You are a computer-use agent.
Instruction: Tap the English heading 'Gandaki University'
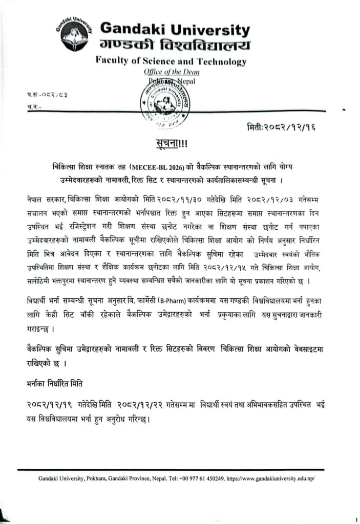tap(175, 29)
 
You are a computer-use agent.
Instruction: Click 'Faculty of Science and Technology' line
tap(171, 62)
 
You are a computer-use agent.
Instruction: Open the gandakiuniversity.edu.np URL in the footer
tap(272, 479)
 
